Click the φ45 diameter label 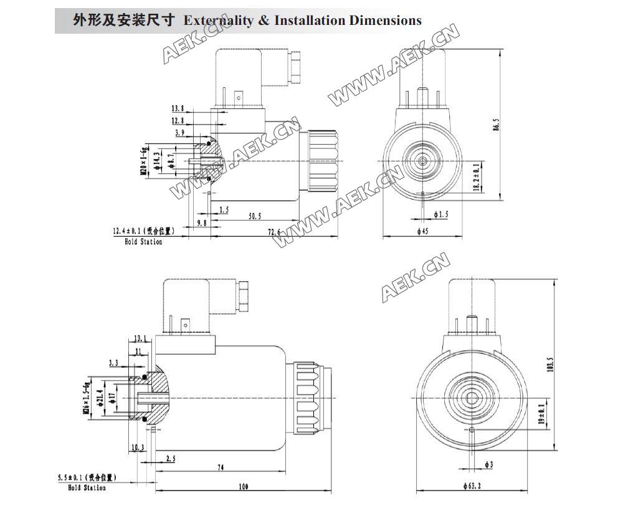point(422,231)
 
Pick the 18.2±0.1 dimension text point(477,179)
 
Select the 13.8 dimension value point(178,108)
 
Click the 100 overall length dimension point(242,486)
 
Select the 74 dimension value point(221,467)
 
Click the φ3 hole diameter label point(489,464)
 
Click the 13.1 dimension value point(140,338)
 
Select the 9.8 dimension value point(202,223)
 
